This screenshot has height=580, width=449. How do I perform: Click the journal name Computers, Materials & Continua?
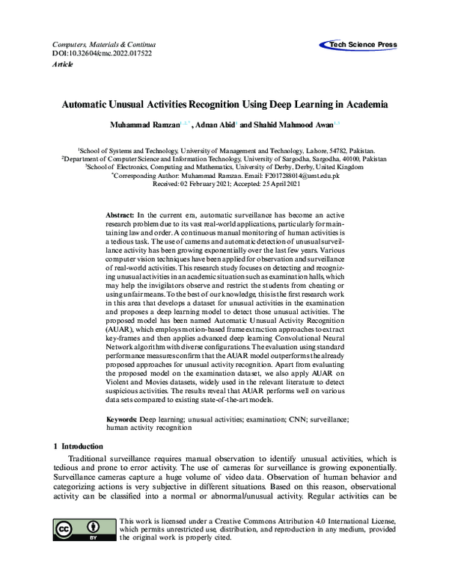pos(98,45)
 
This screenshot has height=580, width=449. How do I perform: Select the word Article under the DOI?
pos(64,64)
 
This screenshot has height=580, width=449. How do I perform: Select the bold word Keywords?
pos(125,421)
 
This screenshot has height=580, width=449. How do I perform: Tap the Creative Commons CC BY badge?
pos(83,528)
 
